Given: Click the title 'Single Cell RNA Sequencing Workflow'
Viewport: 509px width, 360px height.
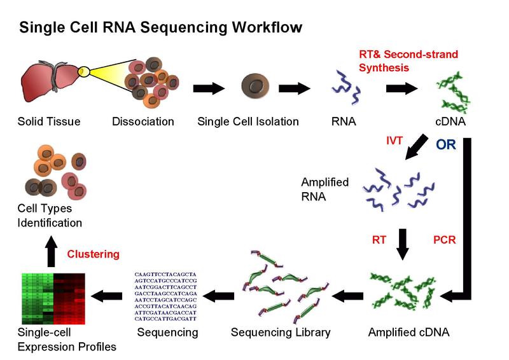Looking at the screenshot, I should point(160,27).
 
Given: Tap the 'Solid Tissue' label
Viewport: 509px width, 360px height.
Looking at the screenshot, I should point(49,121).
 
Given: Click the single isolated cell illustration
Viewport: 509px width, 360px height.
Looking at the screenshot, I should point(257,88).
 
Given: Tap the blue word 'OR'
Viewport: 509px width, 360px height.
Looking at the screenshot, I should point(445,145).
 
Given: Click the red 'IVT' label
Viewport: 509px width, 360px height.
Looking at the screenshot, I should point(394,141).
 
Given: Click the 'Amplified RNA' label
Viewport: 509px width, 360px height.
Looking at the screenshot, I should point(324,190).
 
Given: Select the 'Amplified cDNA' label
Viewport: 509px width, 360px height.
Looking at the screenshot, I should point(408,332).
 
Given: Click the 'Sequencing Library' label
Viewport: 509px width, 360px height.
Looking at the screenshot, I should point(281,332).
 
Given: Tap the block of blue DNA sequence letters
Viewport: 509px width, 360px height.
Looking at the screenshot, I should point(167,296).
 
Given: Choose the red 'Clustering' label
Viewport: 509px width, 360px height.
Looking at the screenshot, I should point(93,254).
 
